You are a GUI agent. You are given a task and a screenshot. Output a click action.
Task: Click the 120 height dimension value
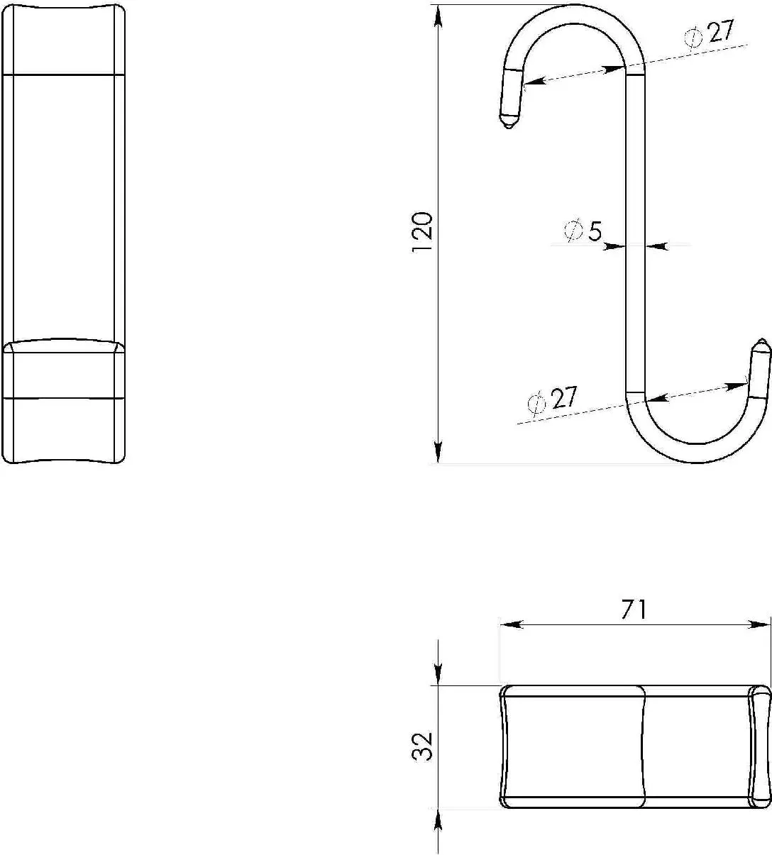coord(422,231)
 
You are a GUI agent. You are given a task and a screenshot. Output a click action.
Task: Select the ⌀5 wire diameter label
coord(583,231)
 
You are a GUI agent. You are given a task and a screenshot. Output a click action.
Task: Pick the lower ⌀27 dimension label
coord(551,399)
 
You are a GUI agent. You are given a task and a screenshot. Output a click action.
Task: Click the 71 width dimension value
coord(634,609)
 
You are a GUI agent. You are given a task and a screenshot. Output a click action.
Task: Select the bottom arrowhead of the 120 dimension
coord(439,452)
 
